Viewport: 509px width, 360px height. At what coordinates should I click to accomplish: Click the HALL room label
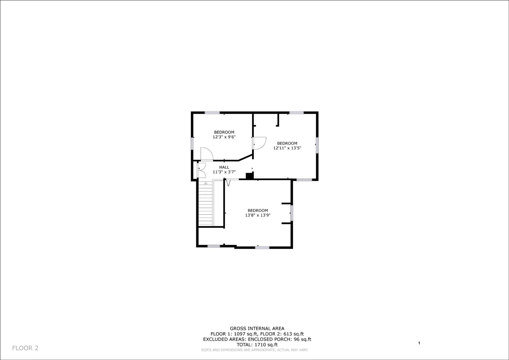[224, 167]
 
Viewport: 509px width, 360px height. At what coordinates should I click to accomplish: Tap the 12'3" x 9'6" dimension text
[224, 137]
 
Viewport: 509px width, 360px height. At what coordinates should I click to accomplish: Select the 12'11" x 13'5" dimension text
[287, 148]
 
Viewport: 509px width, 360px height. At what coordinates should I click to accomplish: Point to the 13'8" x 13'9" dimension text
[258, 215]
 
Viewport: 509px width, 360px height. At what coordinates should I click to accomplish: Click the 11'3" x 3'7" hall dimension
[224, 172]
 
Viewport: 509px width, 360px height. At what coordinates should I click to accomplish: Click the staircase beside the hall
[206, 204]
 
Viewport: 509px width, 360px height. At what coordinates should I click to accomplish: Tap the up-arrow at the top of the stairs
[206, 183]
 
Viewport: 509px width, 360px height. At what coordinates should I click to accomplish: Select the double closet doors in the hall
[201, 170]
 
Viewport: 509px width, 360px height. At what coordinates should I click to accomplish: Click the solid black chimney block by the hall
[250, 175]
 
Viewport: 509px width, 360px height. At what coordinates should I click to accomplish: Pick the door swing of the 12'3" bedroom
[206, 154]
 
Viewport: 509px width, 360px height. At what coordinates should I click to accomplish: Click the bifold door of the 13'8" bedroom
[228, 183]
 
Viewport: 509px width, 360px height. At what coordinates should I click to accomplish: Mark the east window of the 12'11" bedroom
[317, 145]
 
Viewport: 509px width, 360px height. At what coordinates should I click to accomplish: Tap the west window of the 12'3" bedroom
[192, 143]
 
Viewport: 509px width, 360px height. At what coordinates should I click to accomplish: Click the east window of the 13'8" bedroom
[291, 213]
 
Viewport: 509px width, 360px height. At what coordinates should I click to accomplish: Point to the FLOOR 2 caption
[25, 348]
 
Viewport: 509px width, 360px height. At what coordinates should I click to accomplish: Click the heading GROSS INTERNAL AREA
[257, 329]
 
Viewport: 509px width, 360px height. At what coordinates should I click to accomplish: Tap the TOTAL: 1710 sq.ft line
[257, 345]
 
